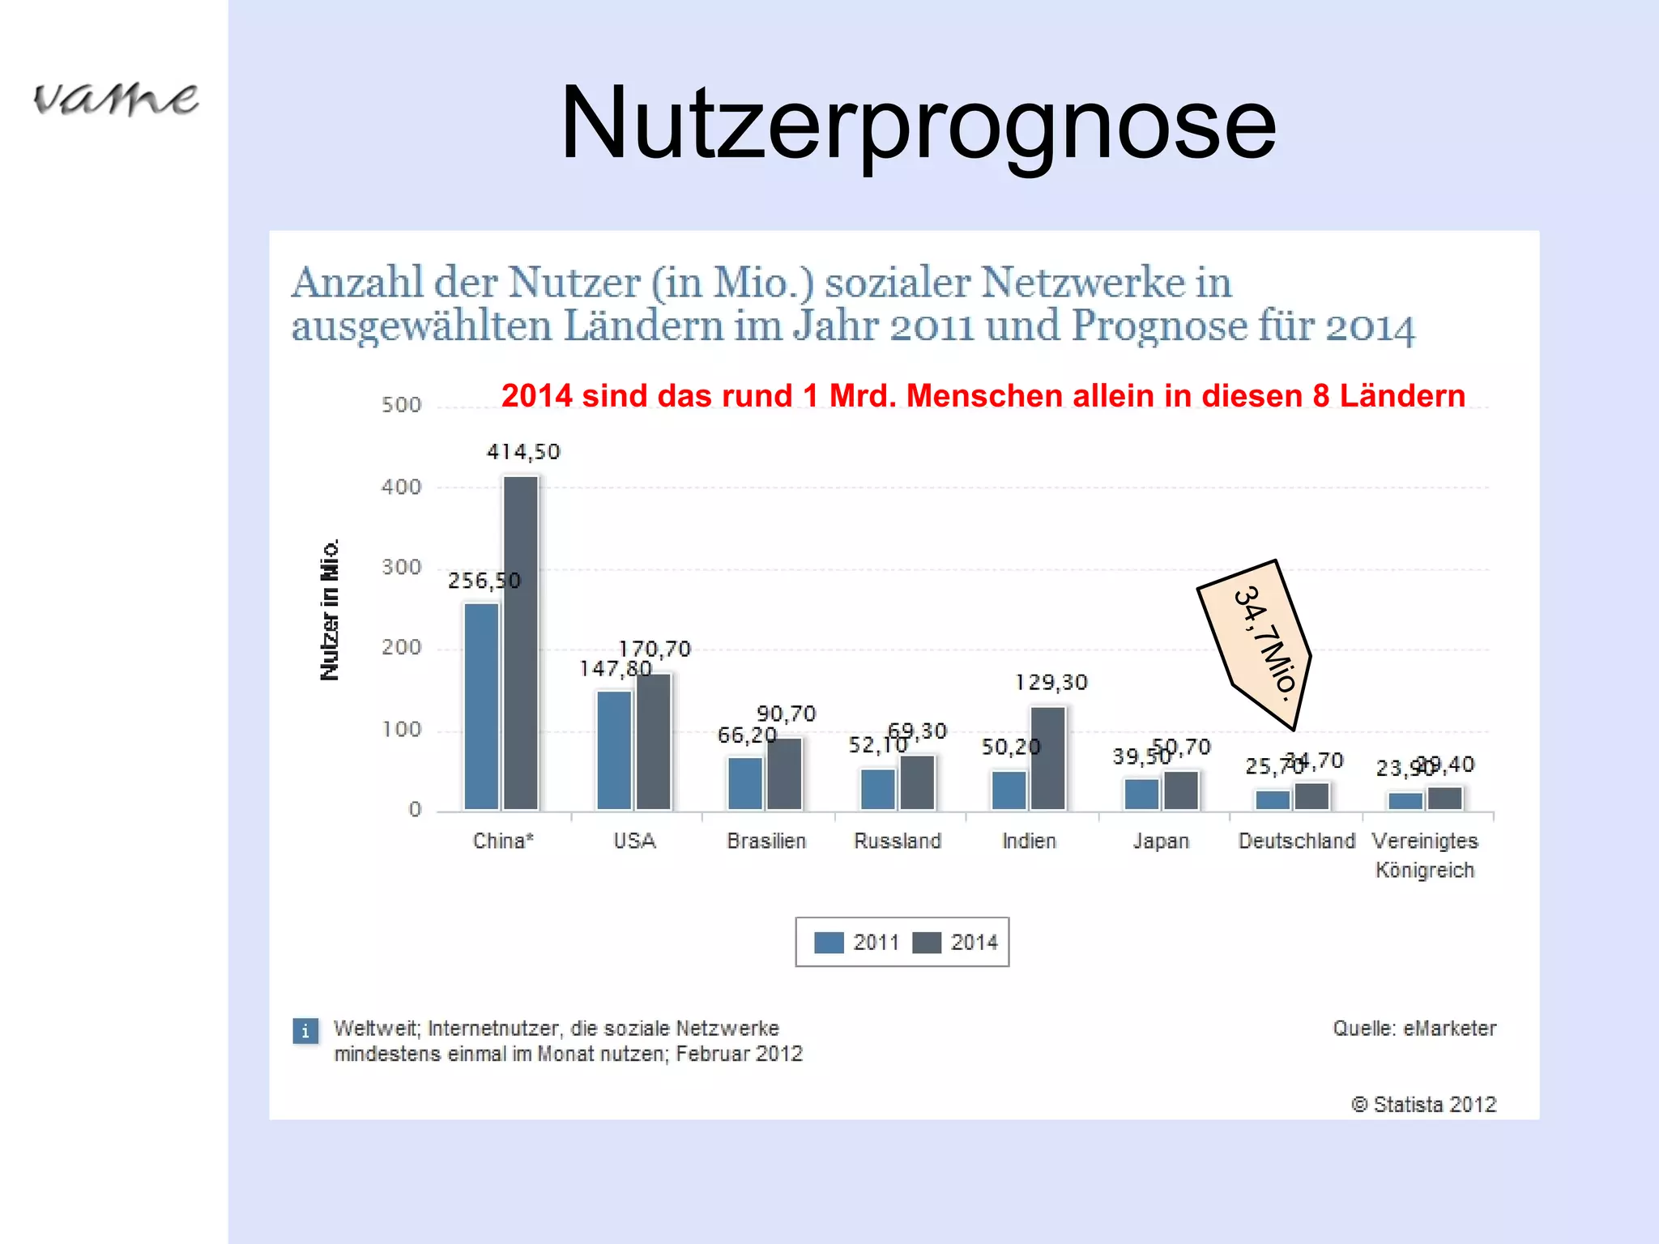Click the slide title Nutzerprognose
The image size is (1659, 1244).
[918, 123]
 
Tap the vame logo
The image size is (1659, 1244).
[116, 99]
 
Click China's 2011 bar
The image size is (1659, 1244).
[481, 705]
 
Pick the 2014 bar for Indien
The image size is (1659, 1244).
[1048, 758]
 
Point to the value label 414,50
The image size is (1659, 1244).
[523, 452]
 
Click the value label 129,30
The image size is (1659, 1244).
[1051, 683]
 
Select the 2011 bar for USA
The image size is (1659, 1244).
[614, 749]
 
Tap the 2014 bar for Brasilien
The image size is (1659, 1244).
[784, 773]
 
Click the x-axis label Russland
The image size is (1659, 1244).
[898, 841]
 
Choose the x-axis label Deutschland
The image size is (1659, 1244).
[1296, 841]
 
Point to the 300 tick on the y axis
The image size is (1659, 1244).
[402, 567]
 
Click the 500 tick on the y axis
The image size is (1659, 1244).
[402, 405]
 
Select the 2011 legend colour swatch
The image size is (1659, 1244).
[829, 943]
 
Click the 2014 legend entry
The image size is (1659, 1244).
[956, 943]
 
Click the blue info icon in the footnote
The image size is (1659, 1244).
[305, 1031]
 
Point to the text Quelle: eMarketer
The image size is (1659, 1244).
[1414, 1029]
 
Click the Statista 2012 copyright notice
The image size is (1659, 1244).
[1423, 1105]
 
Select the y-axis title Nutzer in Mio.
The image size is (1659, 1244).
[330, 610]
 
